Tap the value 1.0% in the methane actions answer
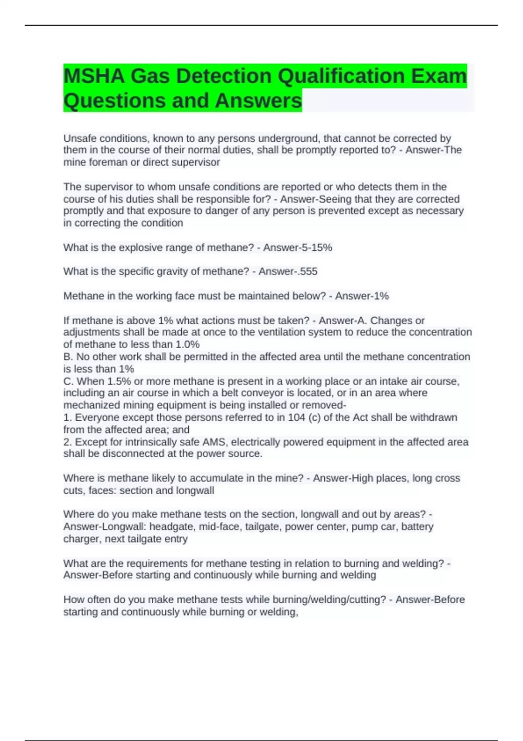(x=187, y=344)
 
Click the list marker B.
(x=68, y=357)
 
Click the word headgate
(x=172, y=527)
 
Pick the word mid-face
(x=219, y=527)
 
